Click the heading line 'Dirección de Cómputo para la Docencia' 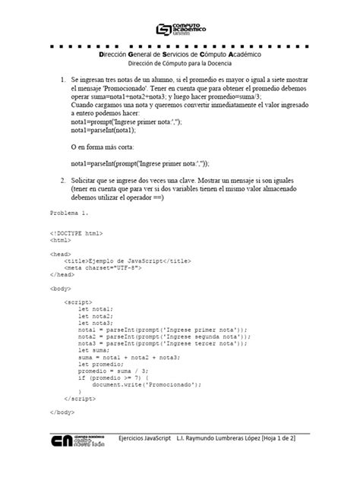pos(180,64)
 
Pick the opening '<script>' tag pos(79,302)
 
